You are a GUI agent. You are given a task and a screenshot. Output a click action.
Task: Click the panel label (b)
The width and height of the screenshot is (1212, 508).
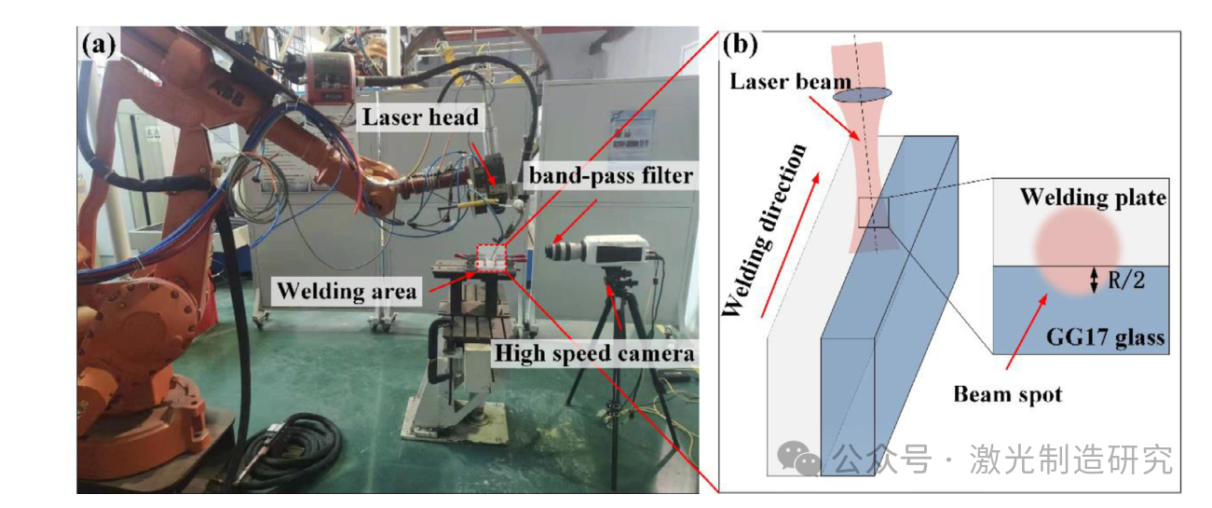pos(740,44)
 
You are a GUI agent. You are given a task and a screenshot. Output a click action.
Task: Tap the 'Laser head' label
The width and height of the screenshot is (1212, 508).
pos(420,117)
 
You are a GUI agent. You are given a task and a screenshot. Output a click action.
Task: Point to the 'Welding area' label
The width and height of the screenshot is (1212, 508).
pos(346,291)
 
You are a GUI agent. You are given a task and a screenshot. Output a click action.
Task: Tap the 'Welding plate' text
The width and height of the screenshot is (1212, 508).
pos(1093,198)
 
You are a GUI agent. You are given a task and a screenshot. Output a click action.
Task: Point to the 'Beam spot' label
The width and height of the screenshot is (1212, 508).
pos(1007,394)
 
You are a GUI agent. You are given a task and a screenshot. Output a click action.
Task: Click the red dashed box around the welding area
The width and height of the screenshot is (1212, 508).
pos(490,257)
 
